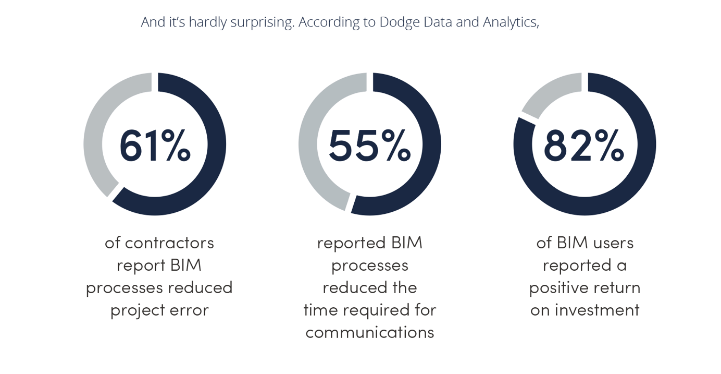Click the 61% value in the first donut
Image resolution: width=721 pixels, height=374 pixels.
click(155, 146)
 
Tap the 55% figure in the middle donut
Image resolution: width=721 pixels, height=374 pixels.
click(369, 146)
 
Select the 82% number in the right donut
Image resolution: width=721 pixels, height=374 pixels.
click(583, 146)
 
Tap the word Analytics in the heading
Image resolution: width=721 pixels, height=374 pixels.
click(510, 22)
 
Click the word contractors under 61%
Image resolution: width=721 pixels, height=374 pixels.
click(169, 243)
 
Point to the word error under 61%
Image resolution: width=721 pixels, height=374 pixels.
click(189, 310)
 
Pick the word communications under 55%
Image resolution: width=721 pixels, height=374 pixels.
click(369, 332)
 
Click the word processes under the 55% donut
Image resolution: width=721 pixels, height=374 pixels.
click(369, 266)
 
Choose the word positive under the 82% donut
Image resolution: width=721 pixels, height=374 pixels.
click(560, 287)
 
